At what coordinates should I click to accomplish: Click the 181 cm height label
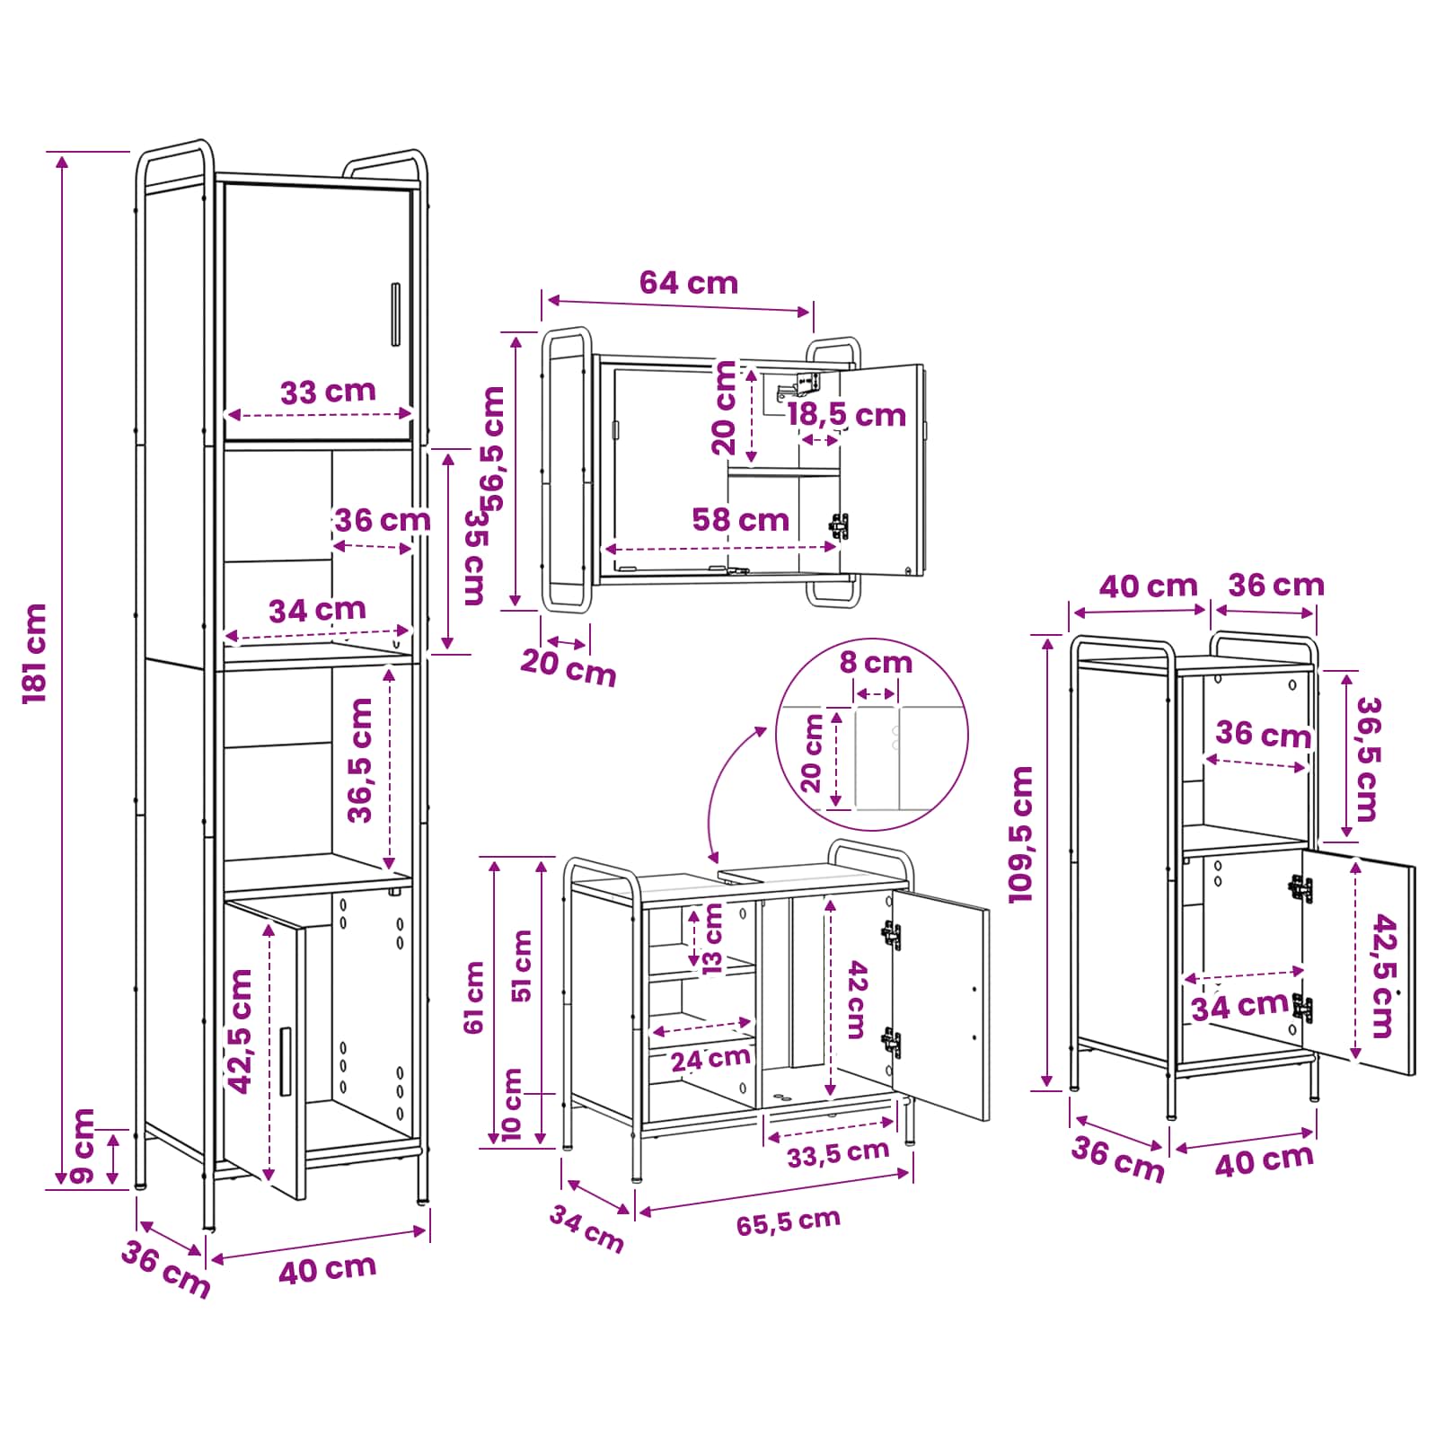35,653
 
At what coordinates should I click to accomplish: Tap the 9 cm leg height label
83,1146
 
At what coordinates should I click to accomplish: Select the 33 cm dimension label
328,392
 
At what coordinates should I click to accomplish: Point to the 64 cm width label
689,283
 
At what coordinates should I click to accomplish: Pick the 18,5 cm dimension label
847,415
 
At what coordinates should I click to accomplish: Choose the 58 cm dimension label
741,519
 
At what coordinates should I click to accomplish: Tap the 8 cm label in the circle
876,663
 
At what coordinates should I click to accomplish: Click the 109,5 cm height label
1021,834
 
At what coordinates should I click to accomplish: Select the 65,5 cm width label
789,1221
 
